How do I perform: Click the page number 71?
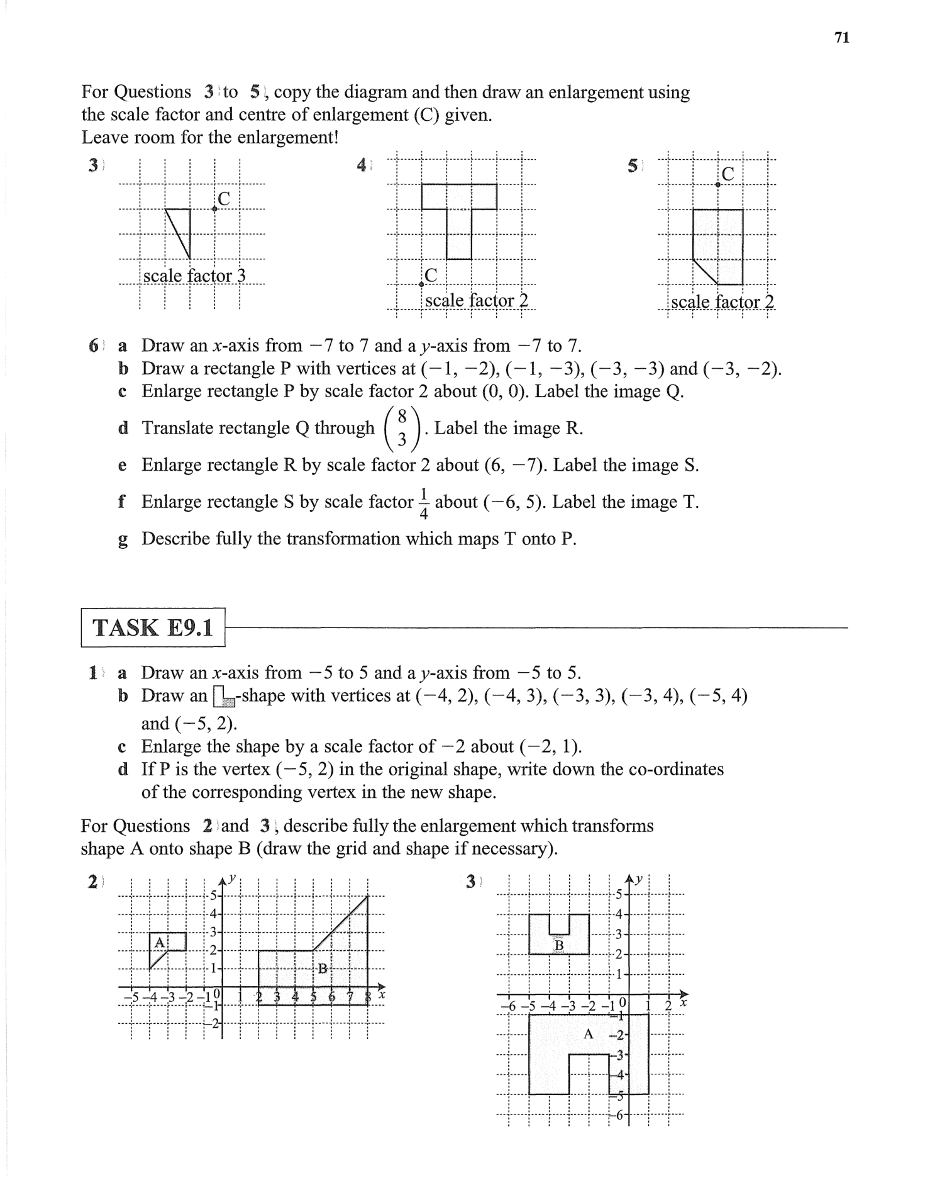coord(841,38)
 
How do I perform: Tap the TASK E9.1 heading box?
coord(153,627)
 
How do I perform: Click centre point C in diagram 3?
coord(214,209)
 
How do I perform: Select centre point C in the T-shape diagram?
coord(421,284)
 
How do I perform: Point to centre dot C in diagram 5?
coord(717,184)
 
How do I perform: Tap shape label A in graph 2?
coord(160,942)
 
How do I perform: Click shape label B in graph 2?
coord(323,969)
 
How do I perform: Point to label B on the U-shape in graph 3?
coord(558,946)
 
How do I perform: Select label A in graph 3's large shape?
coord(588,1033)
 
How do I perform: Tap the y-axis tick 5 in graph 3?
coord(619,894)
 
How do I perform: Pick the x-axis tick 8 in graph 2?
coord(368,996)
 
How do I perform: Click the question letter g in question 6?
coord(123,540)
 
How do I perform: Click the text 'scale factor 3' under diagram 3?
coord(194,276)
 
